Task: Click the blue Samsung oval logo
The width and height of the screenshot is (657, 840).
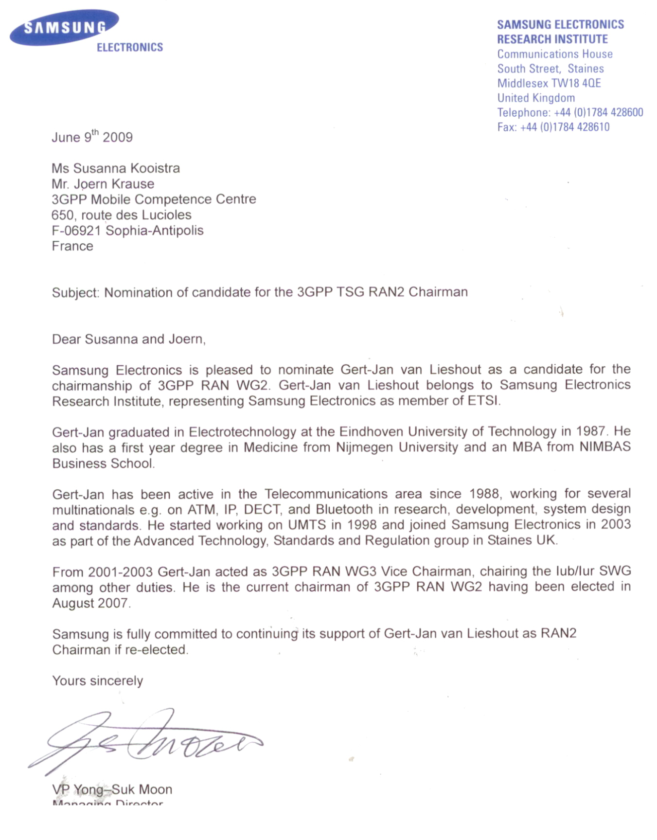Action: pos(64,28)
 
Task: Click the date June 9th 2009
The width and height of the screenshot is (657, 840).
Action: pos(92,137)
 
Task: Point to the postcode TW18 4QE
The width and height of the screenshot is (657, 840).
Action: pos(576,83)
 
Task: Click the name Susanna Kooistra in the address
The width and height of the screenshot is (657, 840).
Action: pos(126,168)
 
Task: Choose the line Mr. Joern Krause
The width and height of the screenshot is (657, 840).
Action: pos(103,184)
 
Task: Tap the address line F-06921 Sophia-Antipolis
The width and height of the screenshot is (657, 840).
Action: pos(127,231)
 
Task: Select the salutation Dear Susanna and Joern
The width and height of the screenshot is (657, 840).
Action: pos(128,339)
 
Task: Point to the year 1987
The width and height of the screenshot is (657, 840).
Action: pos(590,431)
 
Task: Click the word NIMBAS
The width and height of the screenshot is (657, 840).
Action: pos(605,447)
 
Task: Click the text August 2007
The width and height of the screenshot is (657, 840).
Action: pos(90,603)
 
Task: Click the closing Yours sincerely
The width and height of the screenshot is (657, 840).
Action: pos(97,680)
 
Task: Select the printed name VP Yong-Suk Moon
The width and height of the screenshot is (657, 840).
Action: pos(112,789)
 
